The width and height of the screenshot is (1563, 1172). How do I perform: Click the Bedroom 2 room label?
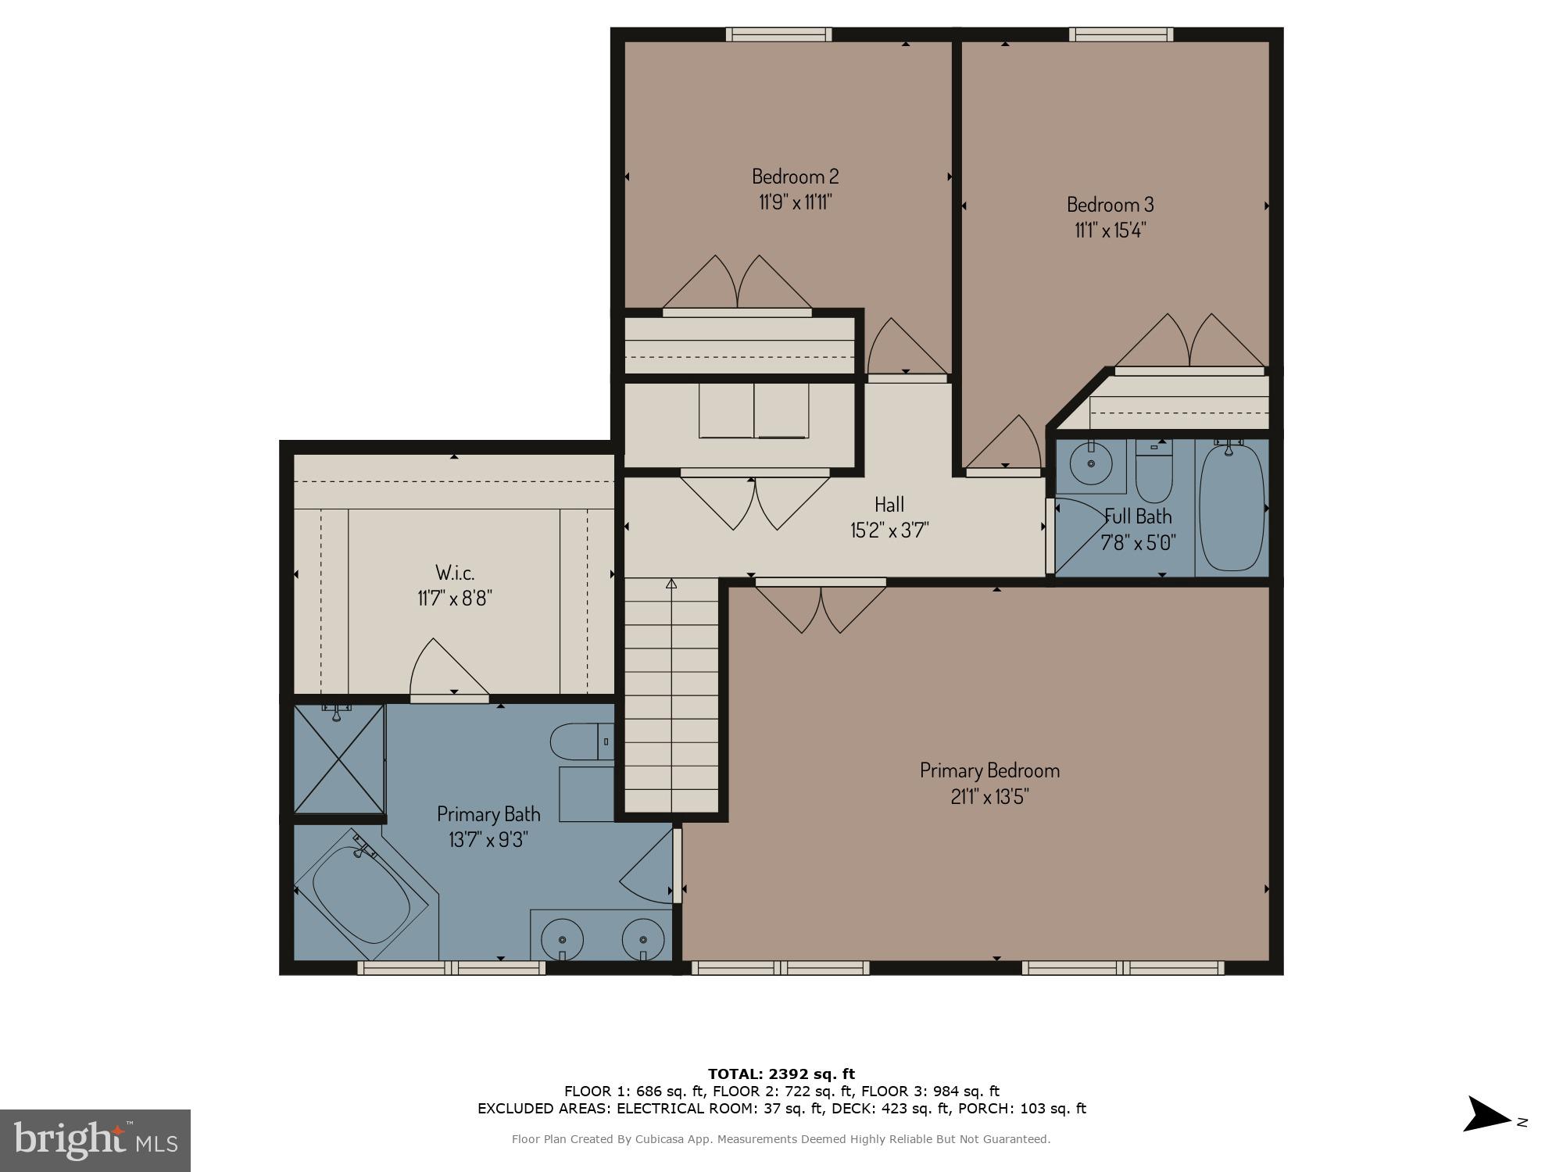tap(795, 176)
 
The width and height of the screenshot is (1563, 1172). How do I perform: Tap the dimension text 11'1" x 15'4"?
tap(1110, 230)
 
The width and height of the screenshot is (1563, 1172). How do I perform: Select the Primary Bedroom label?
tap(989, 770)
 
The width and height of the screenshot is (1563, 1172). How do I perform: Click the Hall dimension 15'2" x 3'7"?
tap(889, 531)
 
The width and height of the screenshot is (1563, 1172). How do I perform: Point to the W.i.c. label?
tap(454, 573)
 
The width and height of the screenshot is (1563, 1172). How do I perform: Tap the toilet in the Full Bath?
tap(1154, 473)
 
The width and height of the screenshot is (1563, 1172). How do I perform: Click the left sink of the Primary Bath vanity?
tap(563, 937)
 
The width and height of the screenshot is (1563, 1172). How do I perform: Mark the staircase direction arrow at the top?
tap(671, 584)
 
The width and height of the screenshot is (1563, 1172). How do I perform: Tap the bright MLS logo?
tap(95, 1140)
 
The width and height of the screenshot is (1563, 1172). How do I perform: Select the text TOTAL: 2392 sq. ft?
tap(781, 1074)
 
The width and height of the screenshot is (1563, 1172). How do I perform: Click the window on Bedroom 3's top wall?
tap(1121, 34)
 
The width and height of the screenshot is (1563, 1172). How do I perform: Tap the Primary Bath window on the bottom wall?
tap(452, 968)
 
